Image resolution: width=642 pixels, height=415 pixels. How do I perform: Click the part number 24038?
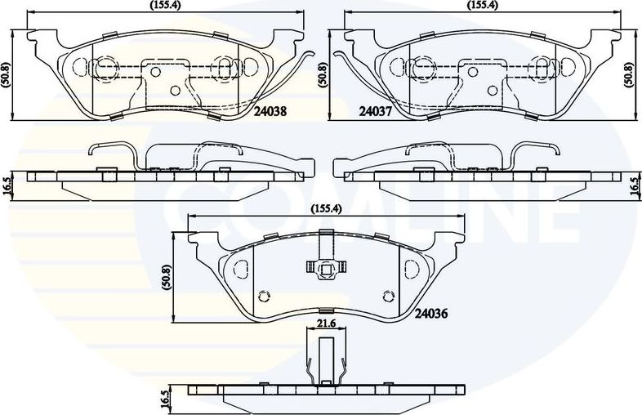[270, 111]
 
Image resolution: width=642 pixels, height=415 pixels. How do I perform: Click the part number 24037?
[376, 111]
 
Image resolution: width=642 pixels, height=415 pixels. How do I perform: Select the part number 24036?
[431, 314]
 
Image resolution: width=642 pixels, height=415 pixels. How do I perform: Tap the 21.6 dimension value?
[327, 323]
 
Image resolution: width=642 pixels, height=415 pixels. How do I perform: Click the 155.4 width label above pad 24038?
[165, 6]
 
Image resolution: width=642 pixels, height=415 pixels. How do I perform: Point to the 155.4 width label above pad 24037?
[483, 6]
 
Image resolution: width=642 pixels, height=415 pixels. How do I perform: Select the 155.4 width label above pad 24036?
[326, 208]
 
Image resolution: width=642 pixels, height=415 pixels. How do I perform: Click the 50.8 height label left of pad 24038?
[6, 75]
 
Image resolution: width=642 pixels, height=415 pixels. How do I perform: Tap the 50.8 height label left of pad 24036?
[167, 278]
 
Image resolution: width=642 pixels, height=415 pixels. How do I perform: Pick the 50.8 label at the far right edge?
[628, 75]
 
